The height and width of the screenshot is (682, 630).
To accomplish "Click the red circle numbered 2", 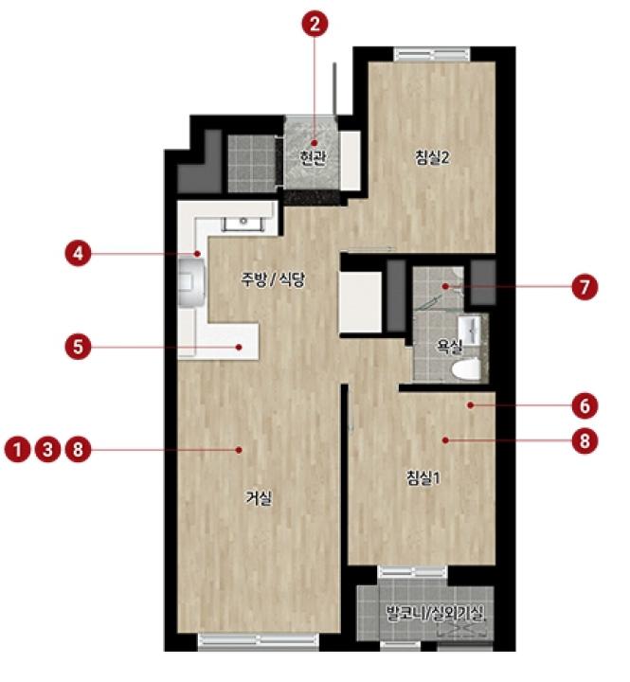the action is (x=315, y=24).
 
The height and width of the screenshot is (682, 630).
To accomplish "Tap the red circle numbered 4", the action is (x=79, y=253).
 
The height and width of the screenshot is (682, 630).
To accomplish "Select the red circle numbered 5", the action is (x=79, y=347).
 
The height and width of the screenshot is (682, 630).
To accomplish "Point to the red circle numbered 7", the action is (x=585, y=287).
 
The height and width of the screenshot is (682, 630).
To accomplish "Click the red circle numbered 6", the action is (x=585, y=405).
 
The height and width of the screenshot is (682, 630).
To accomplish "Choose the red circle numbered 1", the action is (x=17, y=449).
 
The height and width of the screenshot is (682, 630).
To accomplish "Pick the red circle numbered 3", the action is (x=48, y=449).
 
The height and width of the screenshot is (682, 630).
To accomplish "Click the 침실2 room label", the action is (x=432, y=157).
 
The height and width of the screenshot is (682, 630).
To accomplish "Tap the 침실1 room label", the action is (x=423, y=478).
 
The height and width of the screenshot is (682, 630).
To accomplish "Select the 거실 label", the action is (x=259, y=498).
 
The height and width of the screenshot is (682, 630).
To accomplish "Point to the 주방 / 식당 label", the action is (x=273, y=279).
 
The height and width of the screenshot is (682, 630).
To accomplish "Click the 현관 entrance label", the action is (x=313, y=157).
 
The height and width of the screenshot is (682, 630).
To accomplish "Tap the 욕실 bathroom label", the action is (x=449, y=347).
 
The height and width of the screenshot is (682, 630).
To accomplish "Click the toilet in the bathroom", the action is (x=465, y=369).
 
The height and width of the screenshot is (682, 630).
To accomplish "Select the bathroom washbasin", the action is (x=469, y=331).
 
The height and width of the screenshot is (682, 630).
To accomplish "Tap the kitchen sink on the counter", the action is (x=243, y=224).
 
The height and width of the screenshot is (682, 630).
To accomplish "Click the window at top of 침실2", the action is (x=432, y=54).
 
